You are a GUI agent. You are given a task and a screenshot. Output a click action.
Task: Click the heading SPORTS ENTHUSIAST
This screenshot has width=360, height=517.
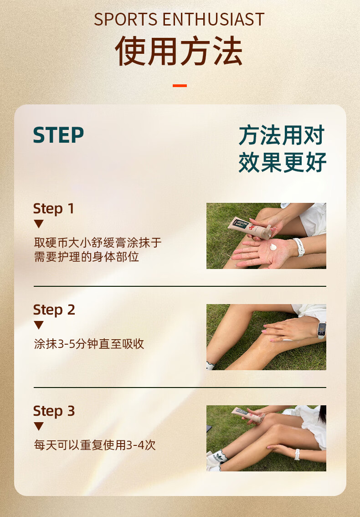point(180,20)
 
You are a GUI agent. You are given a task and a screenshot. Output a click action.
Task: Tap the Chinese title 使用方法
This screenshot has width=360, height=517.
point(179,51)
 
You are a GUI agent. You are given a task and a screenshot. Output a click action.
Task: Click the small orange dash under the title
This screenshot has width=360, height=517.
point(180,86)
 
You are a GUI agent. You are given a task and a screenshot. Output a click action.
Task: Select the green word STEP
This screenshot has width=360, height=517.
point(58,135)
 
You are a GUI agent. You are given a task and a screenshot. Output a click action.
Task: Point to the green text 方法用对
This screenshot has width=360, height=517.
point(282,135)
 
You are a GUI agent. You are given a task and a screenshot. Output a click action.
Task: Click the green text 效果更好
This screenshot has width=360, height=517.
point(282,162)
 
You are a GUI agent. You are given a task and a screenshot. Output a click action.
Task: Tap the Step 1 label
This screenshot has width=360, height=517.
point(54,209)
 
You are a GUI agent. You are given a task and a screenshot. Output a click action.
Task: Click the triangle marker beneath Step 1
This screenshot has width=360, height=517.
point(39,224)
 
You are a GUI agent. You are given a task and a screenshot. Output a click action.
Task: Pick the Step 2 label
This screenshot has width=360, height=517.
point(54,310)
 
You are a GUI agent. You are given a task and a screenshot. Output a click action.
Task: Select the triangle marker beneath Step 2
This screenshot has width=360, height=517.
point(39,325)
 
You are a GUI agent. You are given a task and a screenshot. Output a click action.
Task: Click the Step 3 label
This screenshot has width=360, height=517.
point(54,411)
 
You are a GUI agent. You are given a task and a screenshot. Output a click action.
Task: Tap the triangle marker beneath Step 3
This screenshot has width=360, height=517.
point(39,426)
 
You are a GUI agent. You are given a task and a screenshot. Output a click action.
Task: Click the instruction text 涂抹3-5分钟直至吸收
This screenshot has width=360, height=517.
point(89,344)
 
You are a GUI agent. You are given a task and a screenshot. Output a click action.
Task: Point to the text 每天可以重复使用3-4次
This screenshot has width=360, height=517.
point(95,445)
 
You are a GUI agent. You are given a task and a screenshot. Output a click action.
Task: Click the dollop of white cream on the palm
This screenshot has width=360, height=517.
point(273,247)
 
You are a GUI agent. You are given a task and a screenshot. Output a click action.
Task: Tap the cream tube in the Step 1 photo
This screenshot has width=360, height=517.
point(250,228)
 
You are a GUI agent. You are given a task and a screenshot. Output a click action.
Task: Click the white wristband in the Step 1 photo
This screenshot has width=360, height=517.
point(299,247)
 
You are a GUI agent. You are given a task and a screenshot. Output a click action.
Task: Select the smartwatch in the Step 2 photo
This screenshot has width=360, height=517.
point(321,330)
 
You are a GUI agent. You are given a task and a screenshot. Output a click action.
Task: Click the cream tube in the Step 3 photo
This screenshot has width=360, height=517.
point(246,415)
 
